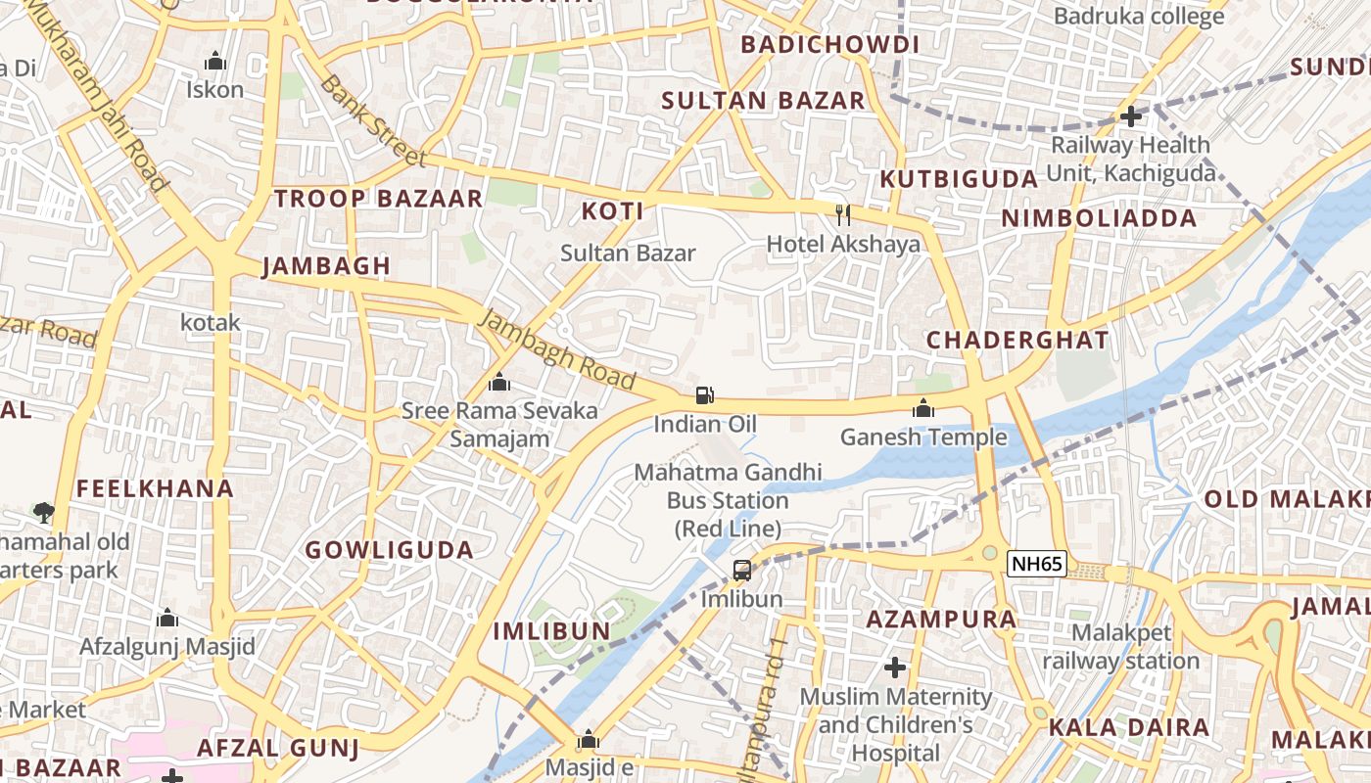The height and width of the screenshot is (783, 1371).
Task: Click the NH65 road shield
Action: [1037, 564]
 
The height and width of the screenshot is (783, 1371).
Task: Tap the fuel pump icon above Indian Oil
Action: [704, 395]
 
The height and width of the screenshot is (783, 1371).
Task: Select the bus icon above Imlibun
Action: [742, 570]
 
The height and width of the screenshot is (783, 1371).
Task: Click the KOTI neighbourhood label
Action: [613, 211]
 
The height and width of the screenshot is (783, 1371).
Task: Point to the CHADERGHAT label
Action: [1017, 341]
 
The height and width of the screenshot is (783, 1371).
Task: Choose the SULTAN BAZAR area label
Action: [764, 100]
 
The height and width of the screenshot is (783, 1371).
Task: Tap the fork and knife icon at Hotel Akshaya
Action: [843, 214]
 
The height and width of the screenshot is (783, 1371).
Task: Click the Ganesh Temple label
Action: [923, 437]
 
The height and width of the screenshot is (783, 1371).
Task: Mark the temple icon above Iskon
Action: [215, 62]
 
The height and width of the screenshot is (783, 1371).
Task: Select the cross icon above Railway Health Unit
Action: [1131, 116]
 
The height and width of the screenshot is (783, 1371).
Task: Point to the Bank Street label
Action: [373, 121]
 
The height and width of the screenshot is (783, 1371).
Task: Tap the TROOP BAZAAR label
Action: [378, 199]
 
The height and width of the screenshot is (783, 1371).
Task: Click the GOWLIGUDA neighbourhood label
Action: [390, 550]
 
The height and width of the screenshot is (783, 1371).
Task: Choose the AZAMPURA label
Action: [941, 619]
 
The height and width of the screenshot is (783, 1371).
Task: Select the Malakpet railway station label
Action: [1120, 647]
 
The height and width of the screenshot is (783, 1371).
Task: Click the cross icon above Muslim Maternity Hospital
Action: [895, 668]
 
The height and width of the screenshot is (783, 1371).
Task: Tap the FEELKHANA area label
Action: [156, 488]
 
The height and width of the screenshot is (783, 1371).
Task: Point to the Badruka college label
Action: [1139, 17]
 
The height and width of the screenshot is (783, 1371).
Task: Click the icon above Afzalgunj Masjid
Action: [167, 618]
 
